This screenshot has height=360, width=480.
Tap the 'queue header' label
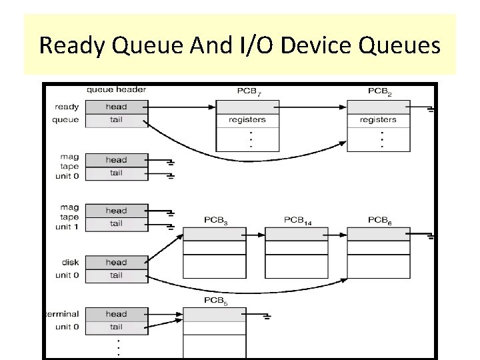point(116,89)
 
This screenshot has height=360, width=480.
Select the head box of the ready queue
point(116,107)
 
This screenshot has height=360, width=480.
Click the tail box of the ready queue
point(116,120)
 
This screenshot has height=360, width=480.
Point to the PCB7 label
point(249,91)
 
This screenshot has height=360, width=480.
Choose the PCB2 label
point(380,91)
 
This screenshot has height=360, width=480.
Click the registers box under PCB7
point(247,120)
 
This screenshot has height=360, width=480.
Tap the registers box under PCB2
point(378,120)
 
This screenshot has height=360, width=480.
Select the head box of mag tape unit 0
point(116,160)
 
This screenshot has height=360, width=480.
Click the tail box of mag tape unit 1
point(116,224)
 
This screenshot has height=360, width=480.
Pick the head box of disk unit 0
point(116,262)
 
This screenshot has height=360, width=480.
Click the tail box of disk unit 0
point(116,275)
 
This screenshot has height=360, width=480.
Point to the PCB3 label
point(216,219)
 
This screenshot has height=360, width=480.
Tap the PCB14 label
point(298,219)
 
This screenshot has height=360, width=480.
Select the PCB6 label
point(380,219)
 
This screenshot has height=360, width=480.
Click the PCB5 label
point(216,301)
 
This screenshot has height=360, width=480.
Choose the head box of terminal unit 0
point(116,314)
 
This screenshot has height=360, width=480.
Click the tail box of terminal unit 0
point(116,327)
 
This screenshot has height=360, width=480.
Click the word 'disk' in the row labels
point(70,262)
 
